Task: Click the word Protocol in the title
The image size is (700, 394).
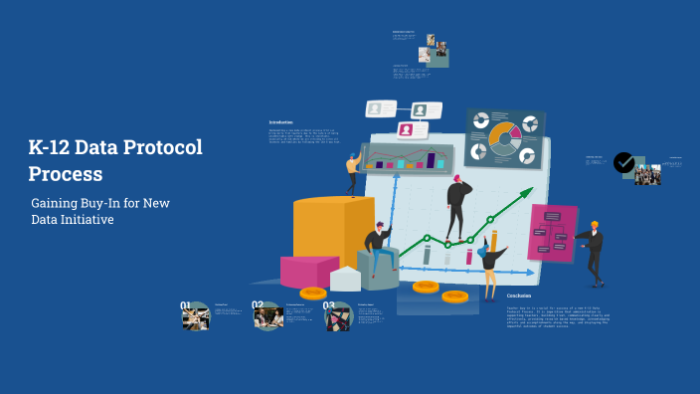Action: (161, 148)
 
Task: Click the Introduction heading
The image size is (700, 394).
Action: (281, 121)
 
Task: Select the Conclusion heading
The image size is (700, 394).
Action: (519, 295)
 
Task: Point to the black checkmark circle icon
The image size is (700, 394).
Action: (624, 162)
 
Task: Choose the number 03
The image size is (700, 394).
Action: (329, 307)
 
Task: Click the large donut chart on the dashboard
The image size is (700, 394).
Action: (504, 138)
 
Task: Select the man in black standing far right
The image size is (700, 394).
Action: (594, 251)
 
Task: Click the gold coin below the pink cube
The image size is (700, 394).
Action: (313, 293)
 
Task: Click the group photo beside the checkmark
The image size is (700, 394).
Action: (648, 174)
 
